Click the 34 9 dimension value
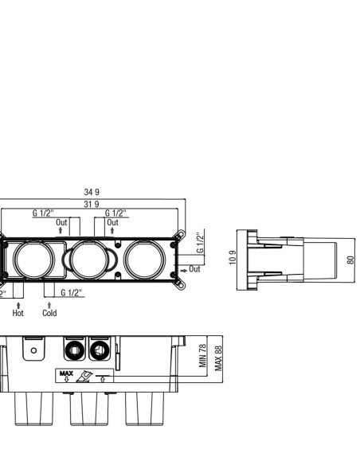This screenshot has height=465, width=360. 92,192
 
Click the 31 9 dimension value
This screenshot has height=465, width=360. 92,205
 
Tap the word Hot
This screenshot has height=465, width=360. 18,313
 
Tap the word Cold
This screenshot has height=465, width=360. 49,313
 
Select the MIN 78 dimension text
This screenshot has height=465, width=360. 203,355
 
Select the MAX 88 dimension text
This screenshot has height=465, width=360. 218,358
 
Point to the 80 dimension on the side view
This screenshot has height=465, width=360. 350,260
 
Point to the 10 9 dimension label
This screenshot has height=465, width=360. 233,258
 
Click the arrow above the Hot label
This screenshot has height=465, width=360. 18,305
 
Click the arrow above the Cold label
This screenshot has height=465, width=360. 49,305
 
